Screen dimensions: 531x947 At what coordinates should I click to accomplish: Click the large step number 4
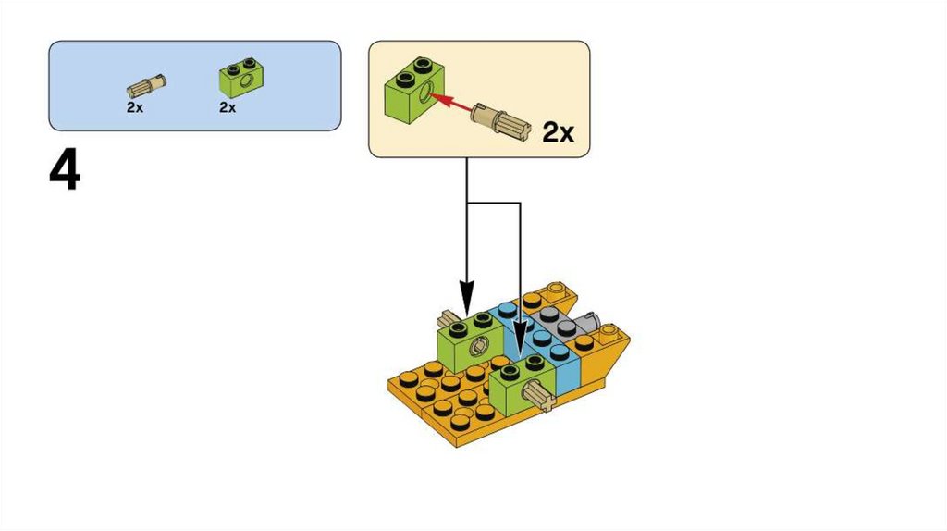pyautogui.click(x=65, y=172)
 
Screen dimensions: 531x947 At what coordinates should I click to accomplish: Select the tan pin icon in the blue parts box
pyautogui.click(x=146, y=87)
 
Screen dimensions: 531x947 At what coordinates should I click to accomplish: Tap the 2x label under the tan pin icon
pyautogui.click(x=135, y=107)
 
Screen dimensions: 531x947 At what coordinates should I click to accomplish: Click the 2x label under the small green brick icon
pyautogui.click(x=228, y=107)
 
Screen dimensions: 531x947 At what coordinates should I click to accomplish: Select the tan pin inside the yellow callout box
pyautogui.click(x=500, y=120)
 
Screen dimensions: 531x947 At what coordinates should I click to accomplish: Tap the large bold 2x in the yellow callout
pyautogui.click(x=558, y=133)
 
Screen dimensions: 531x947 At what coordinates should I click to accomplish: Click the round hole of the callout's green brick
pyautogui.click(x=424, y=93)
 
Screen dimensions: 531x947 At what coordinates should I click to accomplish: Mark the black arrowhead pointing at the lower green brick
pyautogui.click(x=520, y=350)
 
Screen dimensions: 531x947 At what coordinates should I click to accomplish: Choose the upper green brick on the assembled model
pyautogui.click(x=470, y=342)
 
